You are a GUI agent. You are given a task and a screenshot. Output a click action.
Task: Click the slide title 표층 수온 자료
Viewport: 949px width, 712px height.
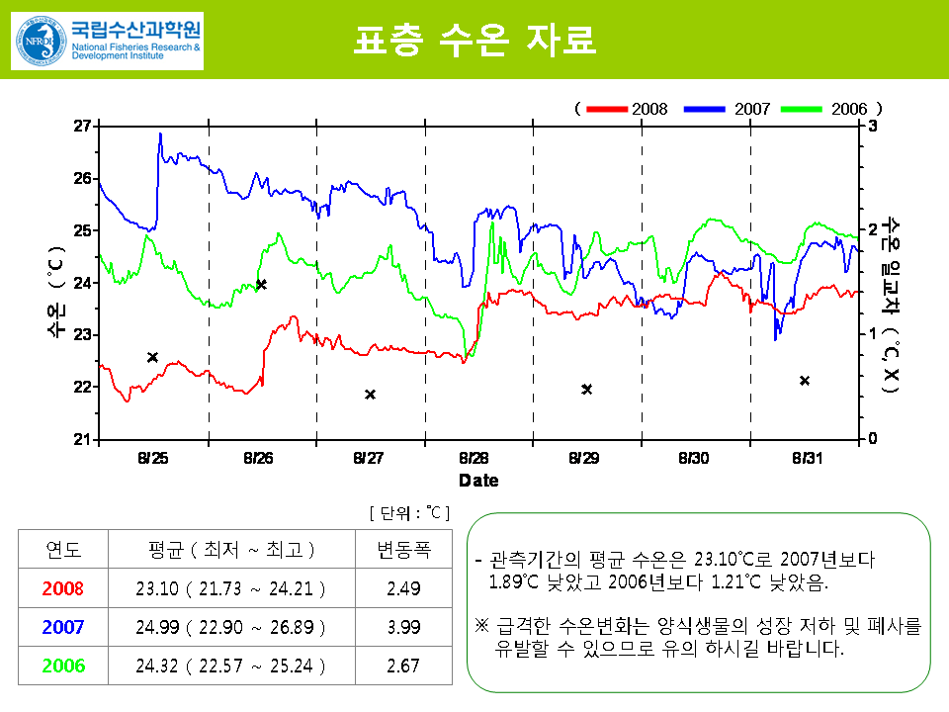(474, 41)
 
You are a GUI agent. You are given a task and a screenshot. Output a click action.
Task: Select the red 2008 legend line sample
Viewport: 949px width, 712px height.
(607, 108)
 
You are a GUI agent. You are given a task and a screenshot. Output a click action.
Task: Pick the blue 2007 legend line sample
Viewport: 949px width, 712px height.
(704, 108)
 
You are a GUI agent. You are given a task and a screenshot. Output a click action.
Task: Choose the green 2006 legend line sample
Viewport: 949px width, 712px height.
(802, 108)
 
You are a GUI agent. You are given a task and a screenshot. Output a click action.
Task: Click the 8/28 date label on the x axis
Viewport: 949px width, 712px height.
(474, 459)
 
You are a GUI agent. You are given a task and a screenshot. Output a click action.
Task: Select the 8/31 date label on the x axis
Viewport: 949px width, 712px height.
(808, 459)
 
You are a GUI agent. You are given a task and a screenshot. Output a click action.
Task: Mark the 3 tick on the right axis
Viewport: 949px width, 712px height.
(873, 127)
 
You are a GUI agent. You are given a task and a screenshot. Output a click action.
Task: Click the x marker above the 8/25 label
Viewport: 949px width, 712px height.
(153, 357)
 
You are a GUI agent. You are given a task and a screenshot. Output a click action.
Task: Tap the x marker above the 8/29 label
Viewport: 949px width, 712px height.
(586, 389)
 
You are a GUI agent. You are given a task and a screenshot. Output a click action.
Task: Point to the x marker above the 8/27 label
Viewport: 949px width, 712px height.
(370, 395)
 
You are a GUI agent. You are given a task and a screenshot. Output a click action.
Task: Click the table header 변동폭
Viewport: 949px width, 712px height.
(403, 549)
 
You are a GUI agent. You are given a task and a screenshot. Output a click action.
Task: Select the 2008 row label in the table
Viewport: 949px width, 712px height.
(63, 588)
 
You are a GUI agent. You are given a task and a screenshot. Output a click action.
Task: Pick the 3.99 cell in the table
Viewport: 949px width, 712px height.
(403, 627)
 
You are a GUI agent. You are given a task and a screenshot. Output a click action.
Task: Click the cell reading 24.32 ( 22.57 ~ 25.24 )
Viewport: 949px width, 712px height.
(230, 666)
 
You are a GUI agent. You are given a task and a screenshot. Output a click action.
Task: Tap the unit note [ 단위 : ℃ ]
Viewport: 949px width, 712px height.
(409, 512)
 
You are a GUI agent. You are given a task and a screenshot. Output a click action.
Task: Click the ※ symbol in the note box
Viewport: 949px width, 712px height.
(481, 626)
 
